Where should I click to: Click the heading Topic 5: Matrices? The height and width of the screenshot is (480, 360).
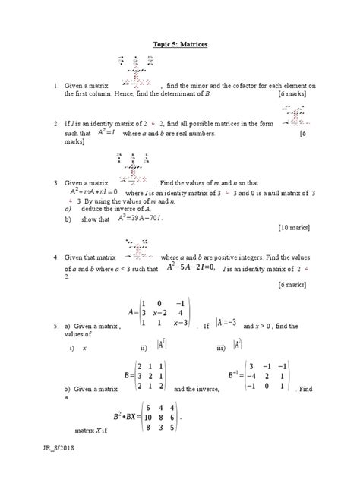pos(180,46)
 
